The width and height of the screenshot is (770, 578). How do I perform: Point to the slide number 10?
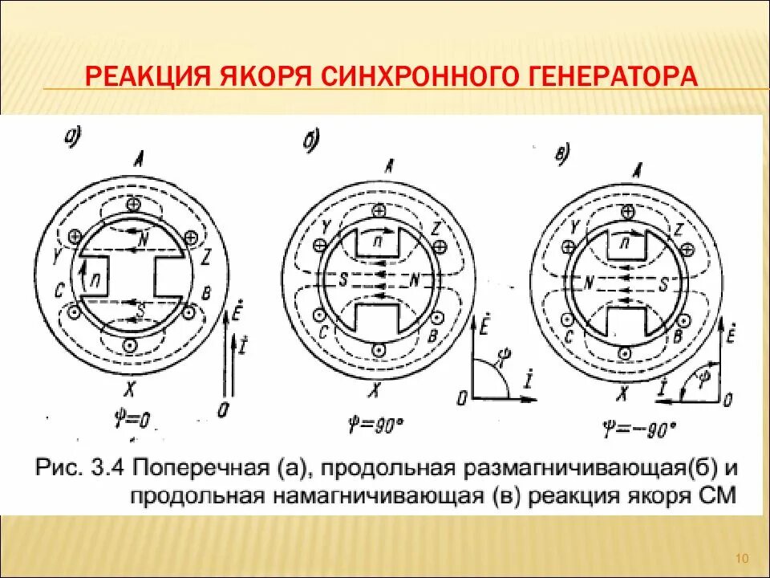click(741, 559)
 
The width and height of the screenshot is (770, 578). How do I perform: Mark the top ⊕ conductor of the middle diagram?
click(377, 210)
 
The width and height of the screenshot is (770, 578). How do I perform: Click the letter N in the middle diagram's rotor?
click(416, 281)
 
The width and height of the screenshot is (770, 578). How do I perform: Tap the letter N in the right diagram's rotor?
click(589, 283)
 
